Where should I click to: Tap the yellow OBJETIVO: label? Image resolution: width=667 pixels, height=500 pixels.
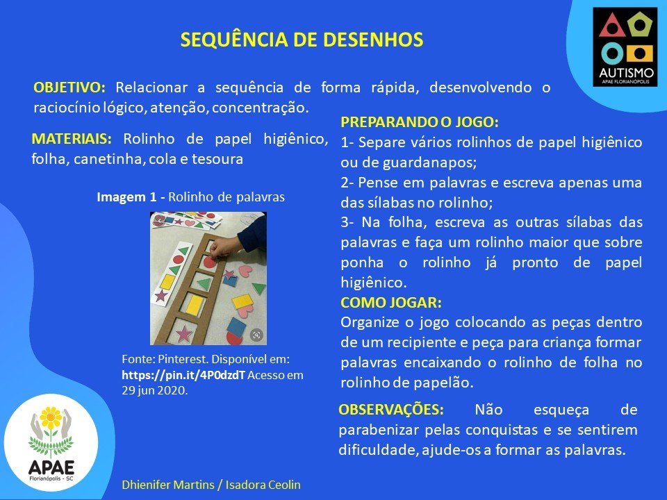[69, 87]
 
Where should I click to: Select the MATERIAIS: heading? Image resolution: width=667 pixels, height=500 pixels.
[72, 139]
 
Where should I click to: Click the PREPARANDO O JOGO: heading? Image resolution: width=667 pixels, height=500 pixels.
[420, 122]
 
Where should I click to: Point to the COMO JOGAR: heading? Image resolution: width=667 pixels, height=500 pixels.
[391, 302]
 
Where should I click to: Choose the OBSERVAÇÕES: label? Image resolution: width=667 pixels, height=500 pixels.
[391, 410]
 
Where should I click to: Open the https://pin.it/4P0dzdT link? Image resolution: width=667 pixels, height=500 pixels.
[183, 375]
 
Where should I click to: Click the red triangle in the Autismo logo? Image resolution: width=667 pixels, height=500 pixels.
[611, 26]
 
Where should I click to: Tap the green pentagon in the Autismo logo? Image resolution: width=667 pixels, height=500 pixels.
[639, 25]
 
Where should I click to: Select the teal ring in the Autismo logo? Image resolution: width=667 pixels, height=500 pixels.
[612, 54]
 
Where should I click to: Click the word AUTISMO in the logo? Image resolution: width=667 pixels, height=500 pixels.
[626, 72]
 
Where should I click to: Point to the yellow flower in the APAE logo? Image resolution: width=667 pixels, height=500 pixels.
[51, 418]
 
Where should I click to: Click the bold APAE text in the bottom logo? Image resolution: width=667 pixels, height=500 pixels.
[51, 467]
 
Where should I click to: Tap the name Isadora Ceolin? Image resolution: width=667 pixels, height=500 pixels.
[263, 485]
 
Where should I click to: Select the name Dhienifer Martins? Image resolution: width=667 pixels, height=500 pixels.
[167, 485]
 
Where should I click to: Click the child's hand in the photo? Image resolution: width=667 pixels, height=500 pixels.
[225, 247]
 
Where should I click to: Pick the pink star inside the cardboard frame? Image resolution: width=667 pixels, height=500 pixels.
[183, 334]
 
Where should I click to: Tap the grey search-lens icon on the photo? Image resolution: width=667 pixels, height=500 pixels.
[256, 335]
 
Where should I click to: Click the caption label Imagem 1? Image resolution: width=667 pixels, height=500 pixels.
[126, 197]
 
